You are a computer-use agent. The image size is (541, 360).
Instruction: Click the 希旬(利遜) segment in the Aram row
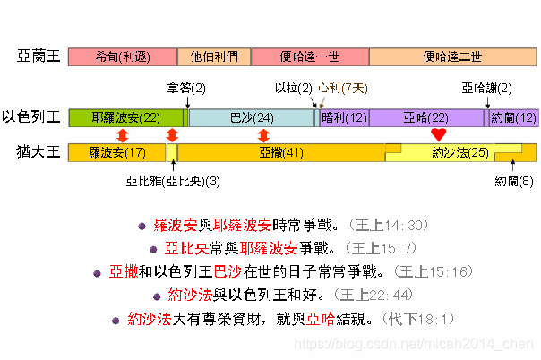(x=123, y=56)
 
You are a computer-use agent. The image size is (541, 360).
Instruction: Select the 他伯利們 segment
(x=214, y=56)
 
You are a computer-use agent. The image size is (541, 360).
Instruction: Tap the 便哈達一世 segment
(x=309, y=56)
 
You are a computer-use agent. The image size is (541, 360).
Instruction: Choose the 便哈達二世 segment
(x=452, y=56)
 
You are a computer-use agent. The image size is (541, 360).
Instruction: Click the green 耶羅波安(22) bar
(x=125, y=117)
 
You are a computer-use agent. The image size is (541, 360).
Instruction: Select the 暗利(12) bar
(x=344, y=117)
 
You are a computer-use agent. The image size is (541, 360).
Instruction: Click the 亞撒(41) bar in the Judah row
(x=281, y=152)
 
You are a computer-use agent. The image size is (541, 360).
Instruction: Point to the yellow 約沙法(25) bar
(x=459, y=152)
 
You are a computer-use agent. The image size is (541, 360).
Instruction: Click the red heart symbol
(x=437, y=134)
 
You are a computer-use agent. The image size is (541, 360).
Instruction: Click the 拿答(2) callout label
(x=186, y=88)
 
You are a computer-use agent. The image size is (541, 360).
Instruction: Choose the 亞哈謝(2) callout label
(x=487, y=88)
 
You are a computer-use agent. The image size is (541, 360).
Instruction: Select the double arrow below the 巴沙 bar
(x=262, y=134)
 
